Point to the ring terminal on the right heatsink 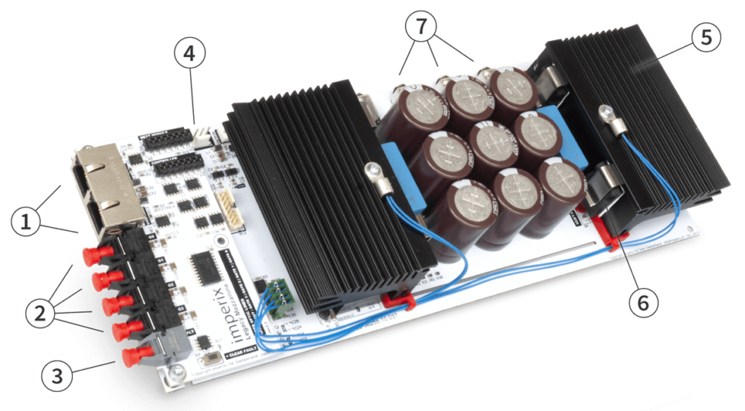(x=607, y=112)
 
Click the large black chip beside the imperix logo (x=205, y=267)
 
